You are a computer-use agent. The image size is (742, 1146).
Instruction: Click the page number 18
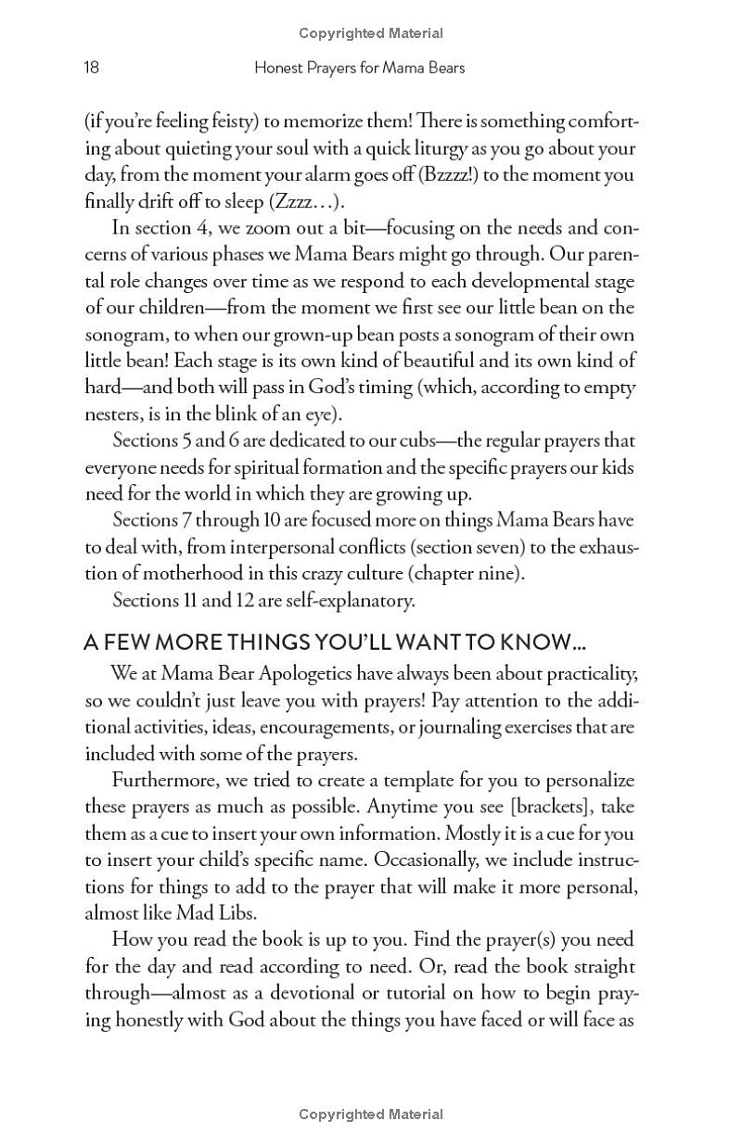pyautogui.click(x=91, y=67)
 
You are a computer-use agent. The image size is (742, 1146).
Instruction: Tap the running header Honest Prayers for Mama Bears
pyautogui.click(x=359, y=67)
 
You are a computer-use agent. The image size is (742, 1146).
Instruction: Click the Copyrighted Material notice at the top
pyautogui.click(x=371, y=33)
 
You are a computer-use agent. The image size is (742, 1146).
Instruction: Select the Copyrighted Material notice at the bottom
pyautogui.click(x=371, y=1114)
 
